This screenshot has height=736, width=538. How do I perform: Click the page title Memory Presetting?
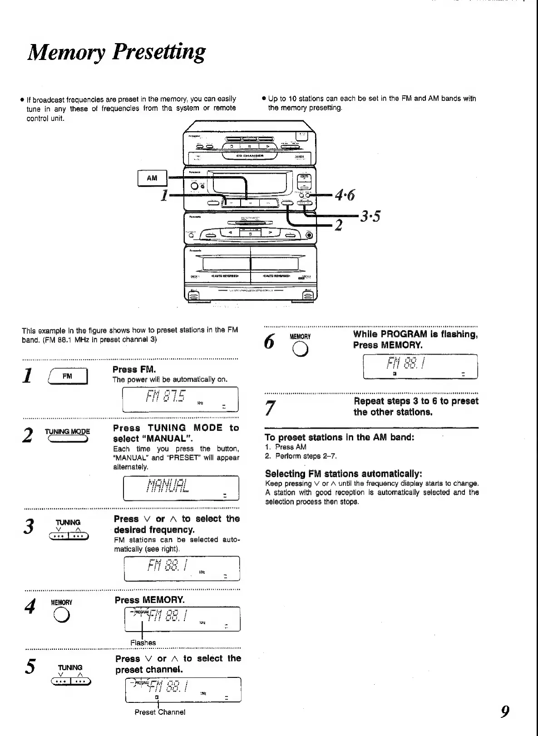pyautogui.click(x=116, y=52)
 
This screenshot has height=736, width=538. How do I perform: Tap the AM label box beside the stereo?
pyautogui.click(x=152, y=178)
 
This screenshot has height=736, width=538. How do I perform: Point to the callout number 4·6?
pyautogui.click(x=345, y=195)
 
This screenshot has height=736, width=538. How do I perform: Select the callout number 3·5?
pyautogui.click(x=370, y=217)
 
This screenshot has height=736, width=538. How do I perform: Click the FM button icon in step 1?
pyautogui.click(x=68, y=376)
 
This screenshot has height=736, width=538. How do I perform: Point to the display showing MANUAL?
pyautogui.click(x=168, y=485)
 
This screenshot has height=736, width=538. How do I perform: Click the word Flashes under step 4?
pyautogui.click(x=143, y=642)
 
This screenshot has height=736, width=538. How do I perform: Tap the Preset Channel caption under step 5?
pyautogui.click(x=160, y=712)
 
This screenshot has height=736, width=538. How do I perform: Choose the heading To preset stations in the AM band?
pyautogui.click(x=339, y=438)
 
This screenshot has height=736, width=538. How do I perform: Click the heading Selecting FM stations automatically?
pyautogui.click(x=344, y=474)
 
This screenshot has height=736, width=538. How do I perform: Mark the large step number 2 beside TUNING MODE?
pyautogui.click(x=28, y=435)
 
